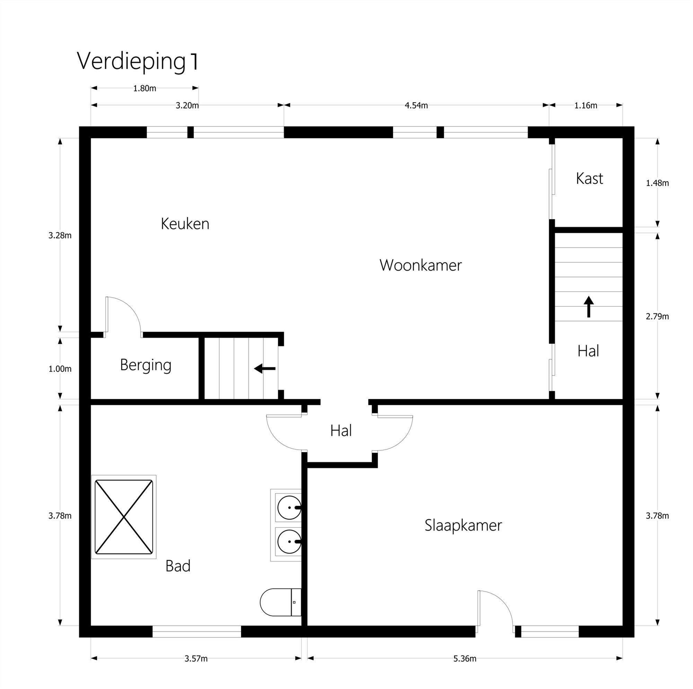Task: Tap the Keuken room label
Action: point(185,224)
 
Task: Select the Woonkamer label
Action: point(420,265)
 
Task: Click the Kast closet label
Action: point(589,178)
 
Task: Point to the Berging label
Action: point(146,365)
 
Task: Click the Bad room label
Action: point(178,566)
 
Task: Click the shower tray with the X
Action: point(124,517)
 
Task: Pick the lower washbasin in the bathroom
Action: point(289,541)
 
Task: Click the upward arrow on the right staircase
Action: point(589,306)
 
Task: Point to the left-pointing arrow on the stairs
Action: point(265,368)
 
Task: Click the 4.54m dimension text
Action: point(416,105)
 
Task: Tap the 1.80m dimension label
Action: point(144,89)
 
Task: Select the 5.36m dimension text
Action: point(465,659)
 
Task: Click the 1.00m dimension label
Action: point(60,369)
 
